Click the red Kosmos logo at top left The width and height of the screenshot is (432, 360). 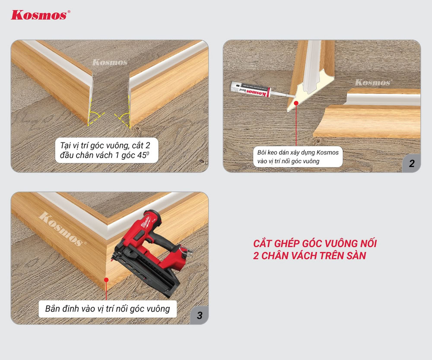pyautogui.click(x=40, y=15)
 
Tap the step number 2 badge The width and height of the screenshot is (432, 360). pyautogui.click(x=412, y=164)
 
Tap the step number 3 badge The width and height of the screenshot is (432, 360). pyautogui.click(x=200, y=315)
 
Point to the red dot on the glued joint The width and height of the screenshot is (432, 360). pyautogui.click(x=296, y=103)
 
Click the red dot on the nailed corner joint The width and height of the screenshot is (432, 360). pyautogui.click(x=106, y=280)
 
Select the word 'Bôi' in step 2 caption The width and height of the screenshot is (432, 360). pyautogui.click(x=261, y=152)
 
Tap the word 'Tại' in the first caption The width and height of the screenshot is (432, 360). pyautogui.click(x=66, y=145)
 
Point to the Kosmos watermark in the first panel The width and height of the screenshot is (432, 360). pyautogui.click(x=110, y=63)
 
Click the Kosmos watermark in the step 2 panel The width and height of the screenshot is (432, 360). pyautogui.click(x=373, y=82)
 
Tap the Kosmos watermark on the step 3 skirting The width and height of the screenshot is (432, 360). pyautogui.click(x=62, y=229)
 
